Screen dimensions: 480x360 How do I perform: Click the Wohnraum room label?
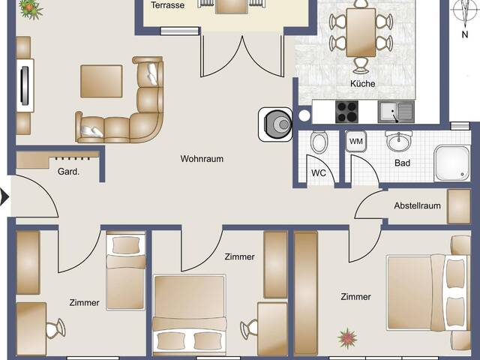[202, 159]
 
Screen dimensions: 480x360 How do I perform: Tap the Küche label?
[363, 83]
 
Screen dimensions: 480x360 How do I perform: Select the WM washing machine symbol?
[356, 142]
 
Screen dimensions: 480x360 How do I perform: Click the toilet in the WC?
[319, 142]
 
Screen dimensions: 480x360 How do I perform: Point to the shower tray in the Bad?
[451, 163]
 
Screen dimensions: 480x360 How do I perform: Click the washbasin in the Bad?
[398, 141]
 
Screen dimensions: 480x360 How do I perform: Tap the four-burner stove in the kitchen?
[346, 112]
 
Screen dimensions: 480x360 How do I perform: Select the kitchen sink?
[396, 112]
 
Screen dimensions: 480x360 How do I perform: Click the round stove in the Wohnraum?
[275, 124]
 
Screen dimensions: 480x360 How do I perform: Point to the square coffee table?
[102, 82]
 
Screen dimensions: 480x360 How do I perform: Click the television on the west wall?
[25, 85]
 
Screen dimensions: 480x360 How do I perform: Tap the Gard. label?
[68, 172]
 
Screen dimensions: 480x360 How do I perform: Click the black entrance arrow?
[4, 197]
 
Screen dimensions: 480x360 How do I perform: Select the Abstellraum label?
[417, 205]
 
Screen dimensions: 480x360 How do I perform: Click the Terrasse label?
[168, 5]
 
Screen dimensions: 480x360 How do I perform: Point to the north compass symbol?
[464, 15]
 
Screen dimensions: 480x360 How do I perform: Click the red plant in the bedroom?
[347, 338]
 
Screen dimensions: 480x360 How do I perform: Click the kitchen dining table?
[361, 32]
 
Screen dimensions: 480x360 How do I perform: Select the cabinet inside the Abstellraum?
[459, 206]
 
